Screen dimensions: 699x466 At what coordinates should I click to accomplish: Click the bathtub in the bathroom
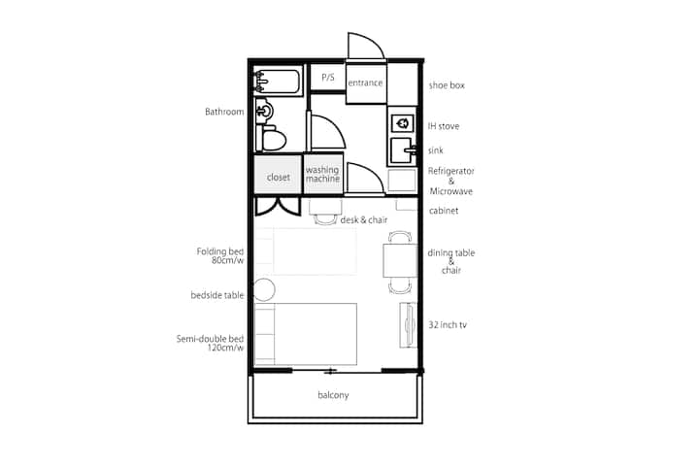279,81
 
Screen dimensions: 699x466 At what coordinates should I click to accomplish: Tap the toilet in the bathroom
272,138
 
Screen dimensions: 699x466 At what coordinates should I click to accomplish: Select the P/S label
328,77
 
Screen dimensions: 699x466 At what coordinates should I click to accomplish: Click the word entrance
365,83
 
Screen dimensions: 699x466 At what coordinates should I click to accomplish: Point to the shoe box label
447,85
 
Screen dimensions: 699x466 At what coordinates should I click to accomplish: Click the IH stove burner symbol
403,123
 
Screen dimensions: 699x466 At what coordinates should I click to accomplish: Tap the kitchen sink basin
403,150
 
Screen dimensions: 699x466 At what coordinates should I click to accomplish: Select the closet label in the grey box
279,177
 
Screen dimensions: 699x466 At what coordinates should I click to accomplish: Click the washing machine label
322,174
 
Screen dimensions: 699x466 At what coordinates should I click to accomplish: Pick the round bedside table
264,289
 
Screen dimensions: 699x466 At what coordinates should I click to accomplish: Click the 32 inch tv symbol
408,324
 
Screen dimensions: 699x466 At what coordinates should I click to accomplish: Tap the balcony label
333,395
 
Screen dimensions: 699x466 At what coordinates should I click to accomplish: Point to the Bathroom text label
224,112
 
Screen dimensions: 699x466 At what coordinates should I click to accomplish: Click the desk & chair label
364,219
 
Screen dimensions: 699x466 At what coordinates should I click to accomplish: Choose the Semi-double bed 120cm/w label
210,343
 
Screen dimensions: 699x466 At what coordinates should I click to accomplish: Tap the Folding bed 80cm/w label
220,255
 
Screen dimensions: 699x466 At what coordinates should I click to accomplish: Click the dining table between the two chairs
400,260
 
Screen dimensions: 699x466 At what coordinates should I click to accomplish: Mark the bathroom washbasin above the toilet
263,110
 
